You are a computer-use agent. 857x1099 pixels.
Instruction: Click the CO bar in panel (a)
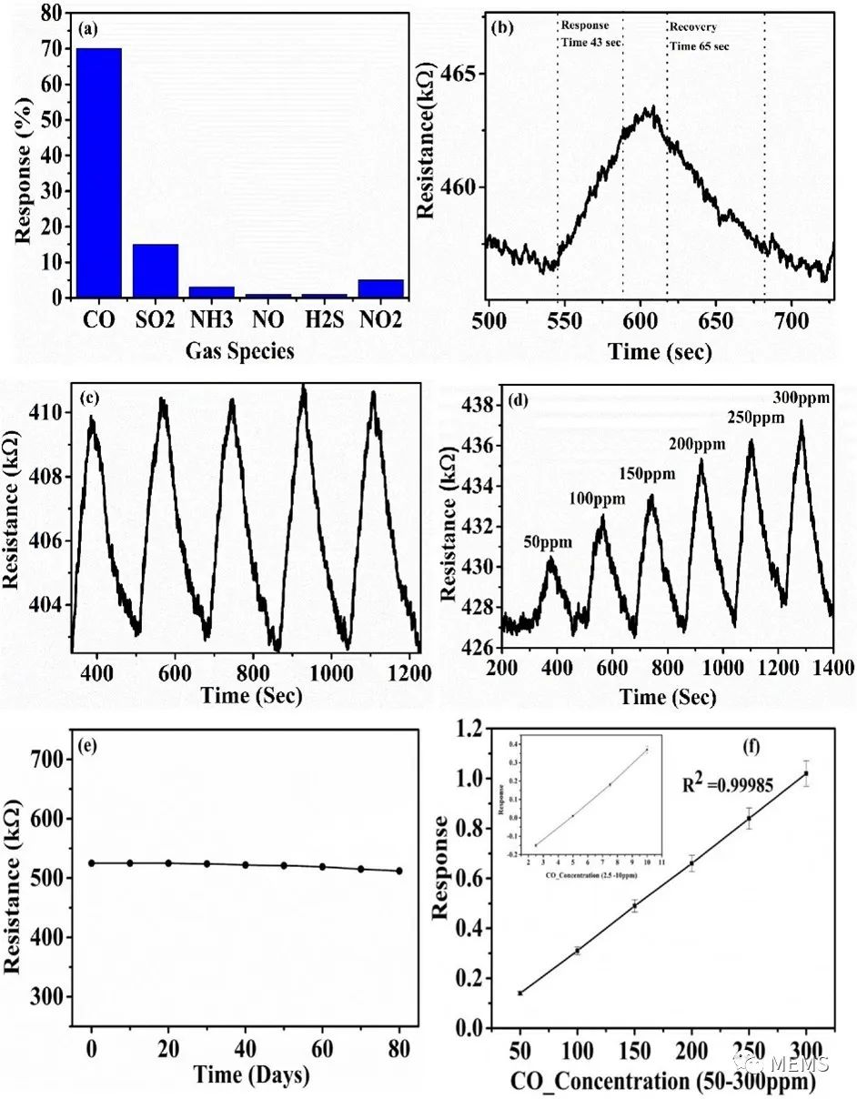click(98, 173)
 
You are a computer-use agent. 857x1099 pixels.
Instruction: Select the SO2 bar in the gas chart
click(155, 270)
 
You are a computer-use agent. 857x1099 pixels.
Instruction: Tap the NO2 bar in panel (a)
click(380, 288)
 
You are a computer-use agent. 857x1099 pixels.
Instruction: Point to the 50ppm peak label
click(548, 542)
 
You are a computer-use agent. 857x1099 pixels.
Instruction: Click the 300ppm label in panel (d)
click(797, 398)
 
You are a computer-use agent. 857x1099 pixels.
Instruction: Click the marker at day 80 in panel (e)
click(399, 871)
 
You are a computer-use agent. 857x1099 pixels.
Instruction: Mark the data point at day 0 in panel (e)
click(92, 862)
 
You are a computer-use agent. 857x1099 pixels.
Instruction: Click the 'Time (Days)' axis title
click(251, 1074)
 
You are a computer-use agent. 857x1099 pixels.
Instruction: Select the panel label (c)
click(90, 397)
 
